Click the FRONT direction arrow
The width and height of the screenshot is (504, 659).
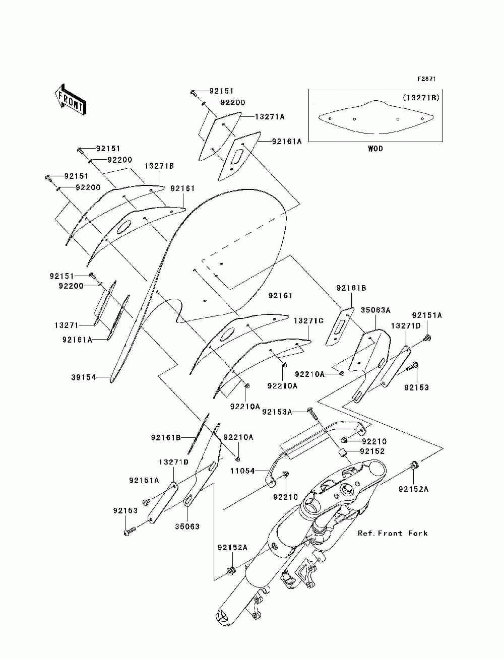coord(70,99)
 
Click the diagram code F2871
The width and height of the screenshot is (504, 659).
coord(426,79)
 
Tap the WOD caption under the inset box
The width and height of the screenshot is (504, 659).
coord(375,149)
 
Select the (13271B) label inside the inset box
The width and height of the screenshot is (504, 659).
coord(421,98)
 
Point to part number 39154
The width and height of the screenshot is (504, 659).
coord(83,377)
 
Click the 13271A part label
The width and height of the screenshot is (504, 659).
coord(270,117)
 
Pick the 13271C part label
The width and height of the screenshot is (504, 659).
coord(308,320)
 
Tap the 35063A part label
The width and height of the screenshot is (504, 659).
coord(375,310)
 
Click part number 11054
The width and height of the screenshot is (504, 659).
coord(242,471)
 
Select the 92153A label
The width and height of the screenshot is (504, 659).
coord(277,412)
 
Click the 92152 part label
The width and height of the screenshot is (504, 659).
coord(372,451)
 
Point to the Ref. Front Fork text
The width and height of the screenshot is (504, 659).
coord(393,533)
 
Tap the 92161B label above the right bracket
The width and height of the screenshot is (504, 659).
coord(351,288)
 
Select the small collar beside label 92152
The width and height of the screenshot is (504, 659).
coord(342,452)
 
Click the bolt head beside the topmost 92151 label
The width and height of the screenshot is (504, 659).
coord(193,93)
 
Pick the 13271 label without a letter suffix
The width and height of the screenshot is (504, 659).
coord(67,325)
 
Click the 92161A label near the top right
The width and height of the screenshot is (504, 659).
coord(287,141)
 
